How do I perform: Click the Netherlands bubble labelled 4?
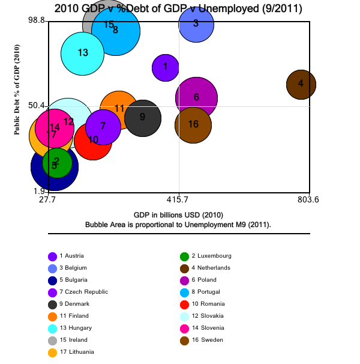point(301,84)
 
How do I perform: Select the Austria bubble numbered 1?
point(166,67)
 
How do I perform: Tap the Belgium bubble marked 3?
point(196,24)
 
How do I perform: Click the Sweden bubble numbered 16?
point(193,125)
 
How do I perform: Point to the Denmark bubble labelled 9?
point(142,118)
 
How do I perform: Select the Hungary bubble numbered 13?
point(83,53)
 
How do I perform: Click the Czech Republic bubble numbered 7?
point(103,127)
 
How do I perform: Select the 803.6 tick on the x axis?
point(308,199)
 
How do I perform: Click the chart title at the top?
point(178,8)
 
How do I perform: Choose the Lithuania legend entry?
point(77,352)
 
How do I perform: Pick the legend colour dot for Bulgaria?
point(53,280)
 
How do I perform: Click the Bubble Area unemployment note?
point(178,224)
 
